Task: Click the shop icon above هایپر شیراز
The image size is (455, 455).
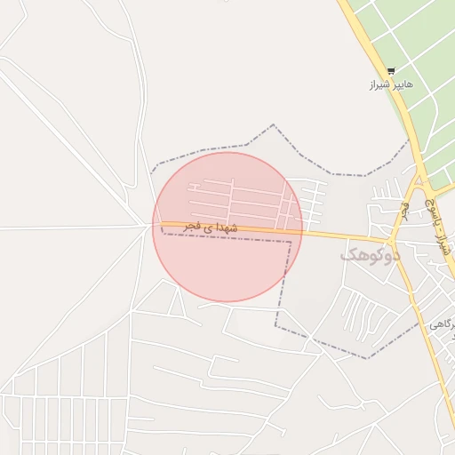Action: pyautogui.click(x=391, y=71)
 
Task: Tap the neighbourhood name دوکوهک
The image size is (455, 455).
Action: pyautogui.click(x=371, y=254)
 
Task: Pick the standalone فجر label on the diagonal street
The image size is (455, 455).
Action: pyautogui.click(x=405, y=210)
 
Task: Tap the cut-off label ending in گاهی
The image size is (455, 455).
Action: pyautogui.click(x=442, y=326)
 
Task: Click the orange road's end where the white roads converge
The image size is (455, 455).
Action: pyautogui.click(x=149, y=224)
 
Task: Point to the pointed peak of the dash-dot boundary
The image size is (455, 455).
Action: pyautogui.click(x=273, y=125)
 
